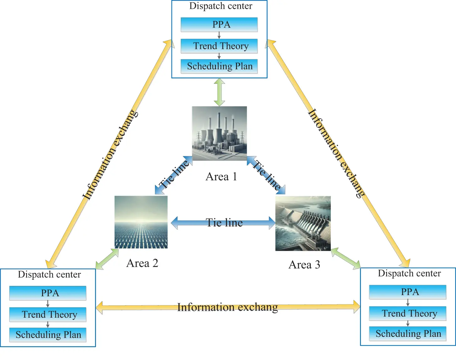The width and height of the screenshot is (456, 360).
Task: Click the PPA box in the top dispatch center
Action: pos(219,24)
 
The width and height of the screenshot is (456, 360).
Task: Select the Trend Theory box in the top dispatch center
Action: pos(219,46)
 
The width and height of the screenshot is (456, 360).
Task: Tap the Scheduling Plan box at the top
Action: pos(219,66)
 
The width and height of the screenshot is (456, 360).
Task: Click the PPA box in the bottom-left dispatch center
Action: pos(48,293)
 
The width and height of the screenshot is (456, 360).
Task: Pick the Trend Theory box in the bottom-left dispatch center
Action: pos(48,314)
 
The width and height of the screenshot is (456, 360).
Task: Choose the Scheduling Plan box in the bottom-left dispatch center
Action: pos(48,335)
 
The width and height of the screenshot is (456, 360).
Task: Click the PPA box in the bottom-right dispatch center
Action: pos(408,292)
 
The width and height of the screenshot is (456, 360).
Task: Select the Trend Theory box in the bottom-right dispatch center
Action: pos(408,313)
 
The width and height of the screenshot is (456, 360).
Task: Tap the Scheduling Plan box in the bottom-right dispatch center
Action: pos(408,334)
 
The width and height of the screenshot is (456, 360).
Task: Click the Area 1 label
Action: pos(221,177)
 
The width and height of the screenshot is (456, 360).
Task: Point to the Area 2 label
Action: pos(142,263)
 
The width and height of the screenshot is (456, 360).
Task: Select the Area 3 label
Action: pos(304,265)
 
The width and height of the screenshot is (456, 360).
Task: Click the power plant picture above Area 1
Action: pos(219,133)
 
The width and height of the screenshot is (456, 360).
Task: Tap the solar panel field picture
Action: pos(141,222)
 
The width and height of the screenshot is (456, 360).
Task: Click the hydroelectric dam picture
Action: pos(303,223)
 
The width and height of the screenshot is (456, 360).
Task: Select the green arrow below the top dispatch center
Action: pos(219,92)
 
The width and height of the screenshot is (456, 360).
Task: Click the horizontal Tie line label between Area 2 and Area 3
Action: pos(224,223)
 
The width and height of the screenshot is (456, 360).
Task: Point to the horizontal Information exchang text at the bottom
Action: pos(228,307)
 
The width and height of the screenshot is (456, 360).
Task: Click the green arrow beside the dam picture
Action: pos(346,258)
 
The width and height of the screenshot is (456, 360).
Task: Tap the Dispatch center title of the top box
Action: pos(221,6)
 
